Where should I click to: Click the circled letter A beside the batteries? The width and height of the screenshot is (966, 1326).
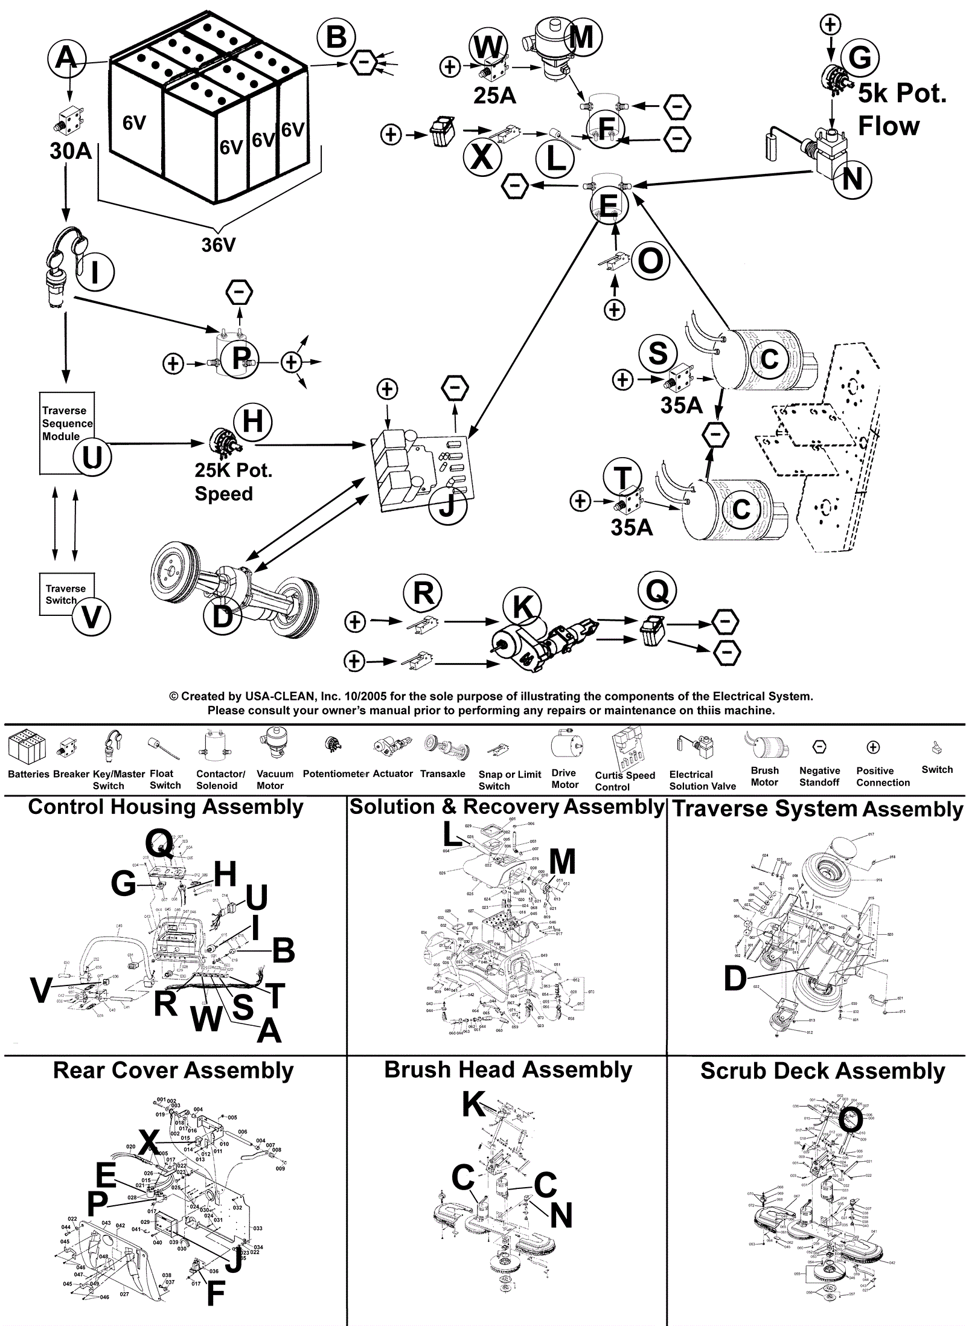66,59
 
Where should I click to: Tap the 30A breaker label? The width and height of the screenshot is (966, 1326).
71,151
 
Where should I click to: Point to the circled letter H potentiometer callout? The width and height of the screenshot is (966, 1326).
252,421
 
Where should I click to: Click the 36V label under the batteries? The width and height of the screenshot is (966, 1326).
218,245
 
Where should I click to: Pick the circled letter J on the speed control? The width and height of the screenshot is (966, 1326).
447,505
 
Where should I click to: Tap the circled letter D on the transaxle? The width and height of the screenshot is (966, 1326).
223,617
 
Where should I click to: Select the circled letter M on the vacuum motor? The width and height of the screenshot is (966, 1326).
581,37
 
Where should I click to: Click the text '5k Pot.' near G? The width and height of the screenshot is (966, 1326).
902,94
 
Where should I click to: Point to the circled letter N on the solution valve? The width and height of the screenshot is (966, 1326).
852,179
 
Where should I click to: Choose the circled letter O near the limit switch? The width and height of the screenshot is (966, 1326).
650,261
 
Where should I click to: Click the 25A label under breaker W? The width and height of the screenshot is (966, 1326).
494,95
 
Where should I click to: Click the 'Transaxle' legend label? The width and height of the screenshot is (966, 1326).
443,773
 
